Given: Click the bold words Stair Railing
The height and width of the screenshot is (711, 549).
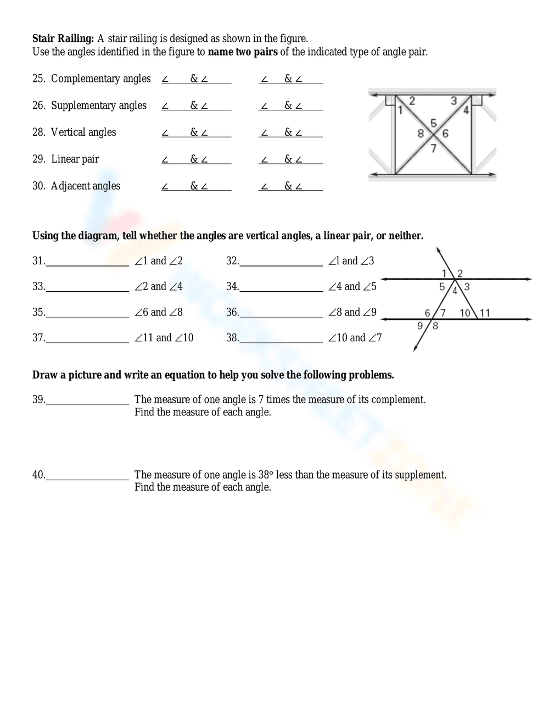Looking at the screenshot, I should click(63, 38).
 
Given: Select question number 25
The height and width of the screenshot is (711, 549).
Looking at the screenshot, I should click(38, 79).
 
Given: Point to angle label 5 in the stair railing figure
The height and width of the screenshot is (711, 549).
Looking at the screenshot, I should click(433, 123).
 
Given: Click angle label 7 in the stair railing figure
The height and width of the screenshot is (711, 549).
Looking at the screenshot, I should click(433, 147).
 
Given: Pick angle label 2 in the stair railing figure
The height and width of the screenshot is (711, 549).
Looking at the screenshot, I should click(412, 101).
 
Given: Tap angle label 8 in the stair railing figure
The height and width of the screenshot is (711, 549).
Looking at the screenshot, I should click(421, 133).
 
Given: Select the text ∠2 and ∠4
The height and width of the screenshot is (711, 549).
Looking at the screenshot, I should click(159, 286).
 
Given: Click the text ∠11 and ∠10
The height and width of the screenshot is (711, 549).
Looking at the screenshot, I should click(164, 338).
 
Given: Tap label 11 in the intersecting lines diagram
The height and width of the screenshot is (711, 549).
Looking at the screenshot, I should click(485, 313).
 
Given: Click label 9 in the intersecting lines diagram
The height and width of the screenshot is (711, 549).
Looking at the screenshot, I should click(420, 325).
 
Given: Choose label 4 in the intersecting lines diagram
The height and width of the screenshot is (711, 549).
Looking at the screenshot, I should click(455, 291).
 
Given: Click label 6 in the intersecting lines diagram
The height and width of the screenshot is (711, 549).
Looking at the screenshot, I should click(428, 313).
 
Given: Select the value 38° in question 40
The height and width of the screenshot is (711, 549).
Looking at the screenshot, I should click(266, 475).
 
